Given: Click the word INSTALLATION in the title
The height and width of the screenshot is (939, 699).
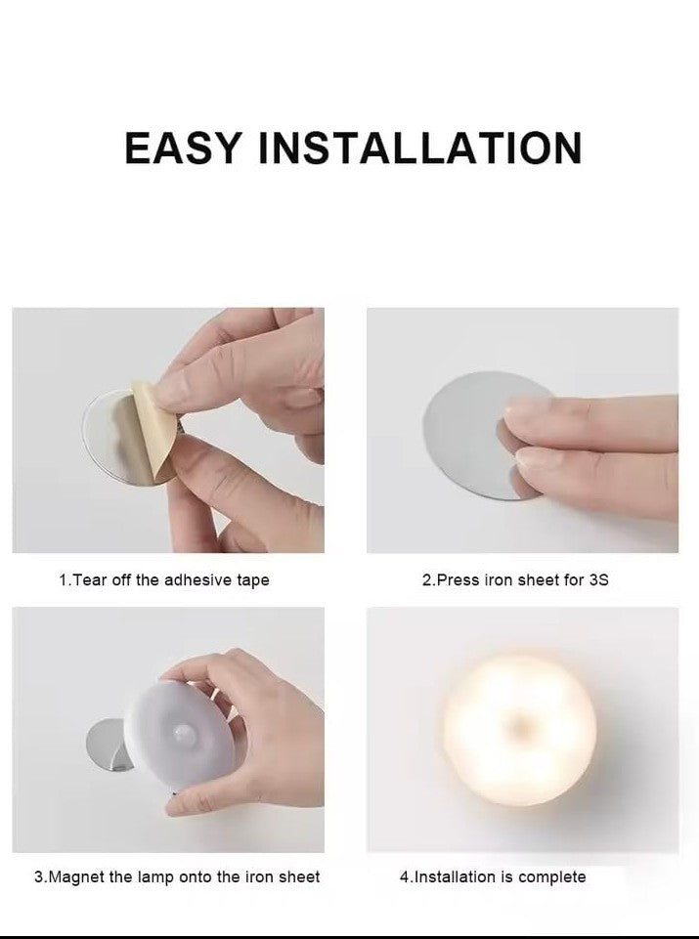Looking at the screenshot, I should click(419, 147).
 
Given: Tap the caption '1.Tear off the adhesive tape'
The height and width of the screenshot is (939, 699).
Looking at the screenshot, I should click(163, 580).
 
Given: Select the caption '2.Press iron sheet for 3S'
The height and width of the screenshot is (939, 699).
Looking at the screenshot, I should click(515, 580).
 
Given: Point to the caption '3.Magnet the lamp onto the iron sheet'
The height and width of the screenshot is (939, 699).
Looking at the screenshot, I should click(177, 877).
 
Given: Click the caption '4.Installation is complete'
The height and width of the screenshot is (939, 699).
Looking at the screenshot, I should click(493, 877).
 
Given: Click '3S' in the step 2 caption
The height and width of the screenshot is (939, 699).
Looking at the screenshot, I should click(598, 580).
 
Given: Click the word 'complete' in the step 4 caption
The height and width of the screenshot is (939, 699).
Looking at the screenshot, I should click(552, 877).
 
